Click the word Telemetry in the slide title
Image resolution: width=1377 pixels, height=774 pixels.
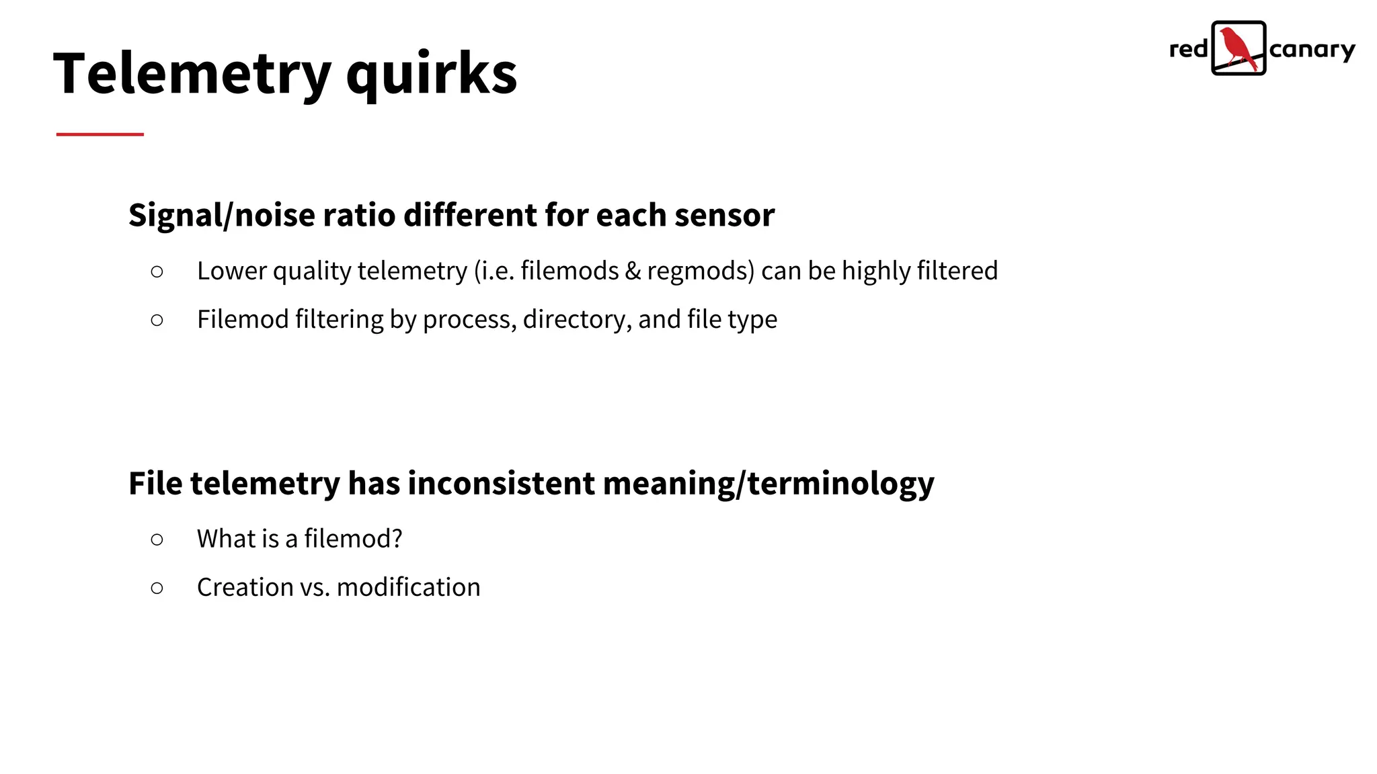click(192, 74)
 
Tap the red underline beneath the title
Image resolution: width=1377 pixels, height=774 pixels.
click(100, 134)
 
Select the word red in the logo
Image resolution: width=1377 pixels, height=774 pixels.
click(1188, 49)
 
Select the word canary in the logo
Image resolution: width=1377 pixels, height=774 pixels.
click(1312, 50)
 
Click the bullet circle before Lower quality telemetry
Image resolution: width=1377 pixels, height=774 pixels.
click(157, 271)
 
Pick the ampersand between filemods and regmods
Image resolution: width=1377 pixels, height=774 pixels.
click(633, 271)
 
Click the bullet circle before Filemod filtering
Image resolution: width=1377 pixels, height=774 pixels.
click(157, 320)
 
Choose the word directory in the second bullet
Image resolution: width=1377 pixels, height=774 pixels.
click(577, 319)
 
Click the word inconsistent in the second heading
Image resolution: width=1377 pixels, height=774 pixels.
click(501, 483)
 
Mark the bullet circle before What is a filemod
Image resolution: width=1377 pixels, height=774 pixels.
click(157, 540)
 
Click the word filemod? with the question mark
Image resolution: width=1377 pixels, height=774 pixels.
click(353, 539)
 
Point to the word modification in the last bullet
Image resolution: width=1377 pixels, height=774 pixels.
click(408, 587)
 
